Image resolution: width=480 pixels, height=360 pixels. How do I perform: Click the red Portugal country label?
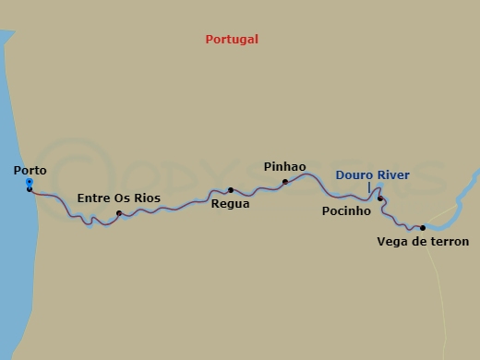232,40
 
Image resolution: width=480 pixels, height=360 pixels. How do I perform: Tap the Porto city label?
30,171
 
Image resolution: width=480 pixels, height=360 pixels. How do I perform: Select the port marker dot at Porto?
30,187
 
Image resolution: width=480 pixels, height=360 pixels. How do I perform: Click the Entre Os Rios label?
118,198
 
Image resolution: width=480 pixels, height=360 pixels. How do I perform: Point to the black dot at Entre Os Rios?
120,213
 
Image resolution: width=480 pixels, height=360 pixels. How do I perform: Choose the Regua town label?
230,204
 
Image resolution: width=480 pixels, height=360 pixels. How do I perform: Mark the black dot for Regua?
231,190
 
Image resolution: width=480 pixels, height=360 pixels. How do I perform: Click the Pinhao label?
284,167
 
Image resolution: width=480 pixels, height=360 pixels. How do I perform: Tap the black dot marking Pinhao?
285,182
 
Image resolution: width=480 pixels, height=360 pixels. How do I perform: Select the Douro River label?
372,174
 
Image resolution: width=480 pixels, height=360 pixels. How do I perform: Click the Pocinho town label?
345,211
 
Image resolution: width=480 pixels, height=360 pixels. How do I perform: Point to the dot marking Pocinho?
380,198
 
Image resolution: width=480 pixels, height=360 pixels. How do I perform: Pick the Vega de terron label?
423,242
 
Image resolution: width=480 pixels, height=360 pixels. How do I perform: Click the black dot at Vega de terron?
423,227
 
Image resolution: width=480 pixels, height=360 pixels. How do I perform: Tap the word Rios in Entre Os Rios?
145,198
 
